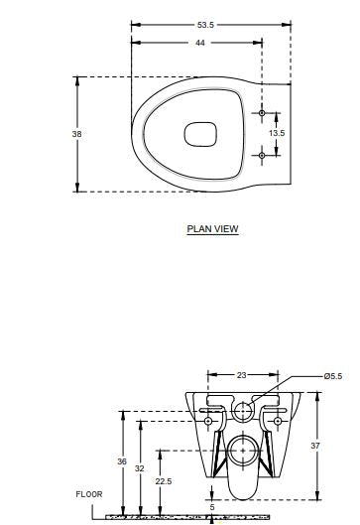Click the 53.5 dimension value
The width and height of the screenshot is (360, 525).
[x=205, y=25]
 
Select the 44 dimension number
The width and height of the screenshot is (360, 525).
[x=199, y=43]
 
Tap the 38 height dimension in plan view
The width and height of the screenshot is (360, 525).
[x=76, y=134]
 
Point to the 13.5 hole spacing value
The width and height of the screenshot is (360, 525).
[x=277, y=133]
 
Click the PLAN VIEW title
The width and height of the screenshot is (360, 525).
[x=213, y=229]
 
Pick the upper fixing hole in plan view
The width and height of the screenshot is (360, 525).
[x=262, y=113]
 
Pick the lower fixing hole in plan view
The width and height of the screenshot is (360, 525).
[x=262, y=155]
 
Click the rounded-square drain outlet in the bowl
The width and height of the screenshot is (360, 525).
[x=200, y=134]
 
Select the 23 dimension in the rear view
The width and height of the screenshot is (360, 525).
[x=242, y=375]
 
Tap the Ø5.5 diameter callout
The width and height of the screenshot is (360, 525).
[x=333, y=376]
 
